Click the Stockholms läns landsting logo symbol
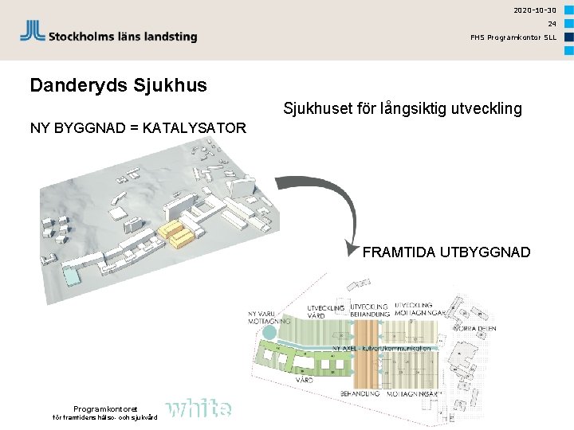tap(32, 32)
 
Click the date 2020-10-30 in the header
tap(535, 10)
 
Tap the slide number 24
tap(551, 24)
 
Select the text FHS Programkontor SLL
tap(513, 37)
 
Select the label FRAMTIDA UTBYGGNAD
tap(446, 252)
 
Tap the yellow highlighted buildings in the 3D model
tap(179, 233)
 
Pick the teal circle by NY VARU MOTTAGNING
tap(269, 332)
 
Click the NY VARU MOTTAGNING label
tap(264, 318)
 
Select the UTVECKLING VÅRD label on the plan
tap(326, 311)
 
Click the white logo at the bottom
tap(200, 408)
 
